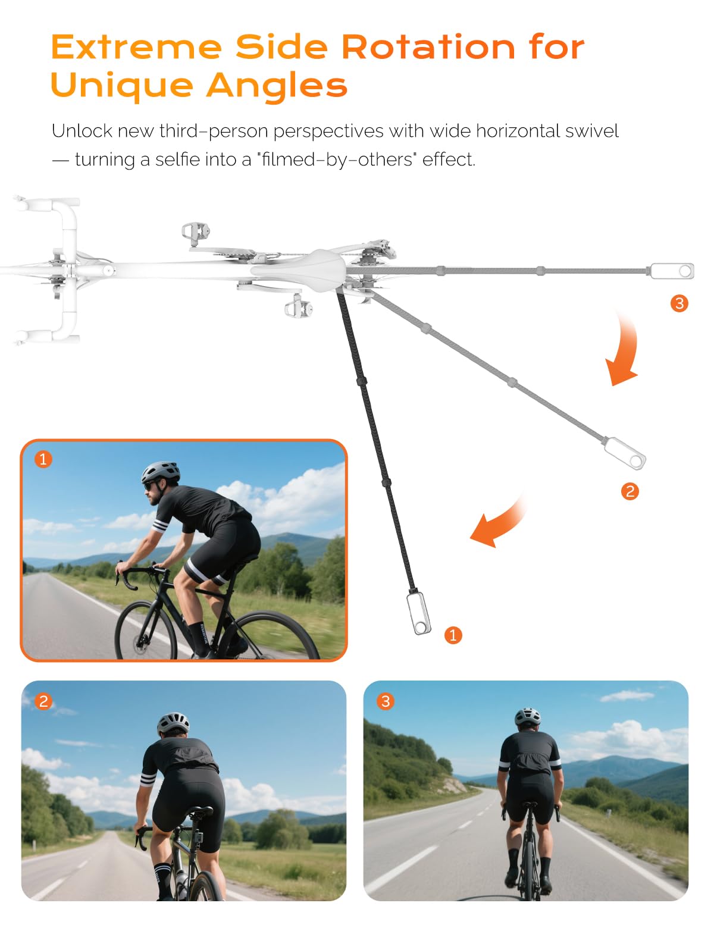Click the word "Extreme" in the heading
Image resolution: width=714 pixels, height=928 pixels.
(x=136, y=47)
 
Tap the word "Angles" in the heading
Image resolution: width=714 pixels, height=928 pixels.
(x=277, y=86)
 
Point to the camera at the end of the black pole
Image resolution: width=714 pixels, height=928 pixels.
(x=419, y=613)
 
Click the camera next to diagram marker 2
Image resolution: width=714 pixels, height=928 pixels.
(x=625, y=453)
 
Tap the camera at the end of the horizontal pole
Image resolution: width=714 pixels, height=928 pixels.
(x=672, y=271)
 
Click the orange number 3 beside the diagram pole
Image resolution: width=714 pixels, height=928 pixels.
(x=679, y=303)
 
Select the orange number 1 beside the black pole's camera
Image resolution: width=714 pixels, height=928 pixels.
(x=453, y=635)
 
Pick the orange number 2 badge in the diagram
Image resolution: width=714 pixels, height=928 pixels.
(x=630, y=491)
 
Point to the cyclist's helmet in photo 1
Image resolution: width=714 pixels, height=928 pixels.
(x=161, y=472)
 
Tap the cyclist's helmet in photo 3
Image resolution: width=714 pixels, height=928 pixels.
(x=527, y=716)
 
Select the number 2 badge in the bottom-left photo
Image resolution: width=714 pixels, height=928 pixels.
(x=43, y=701)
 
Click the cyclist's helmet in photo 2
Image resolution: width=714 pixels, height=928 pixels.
(x=173, y=723)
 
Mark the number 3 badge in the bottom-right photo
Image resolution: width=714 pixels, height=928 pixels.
(x=386, y=701)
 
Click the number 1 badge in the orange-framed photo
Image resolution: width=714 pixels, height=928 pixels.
(x=43, y=459)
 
